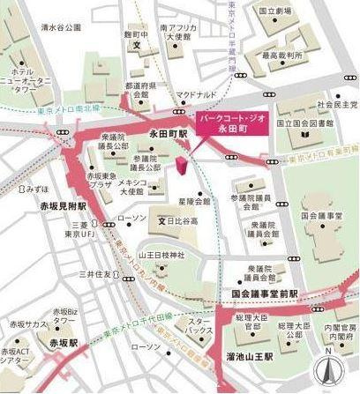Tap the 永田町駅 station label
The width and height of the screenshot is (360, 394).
click(x=165, y=133)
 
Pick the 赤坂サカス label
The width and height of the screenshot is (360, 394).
click(x=23, y=324)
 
